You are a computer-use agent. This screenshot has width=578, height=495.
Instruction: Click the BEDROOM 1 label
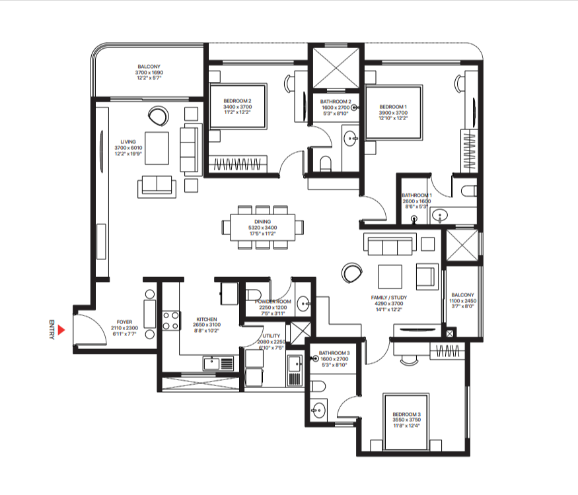click(393, 106)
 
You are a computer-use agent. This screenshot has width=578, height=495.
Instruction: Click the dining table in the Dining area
click(263, 227)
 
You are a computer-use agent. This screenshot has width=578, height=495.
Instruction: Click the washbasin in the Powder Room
click(304, 304)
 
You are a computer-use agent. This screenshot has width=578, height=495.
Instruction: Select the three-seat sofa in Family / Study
click(390, 246)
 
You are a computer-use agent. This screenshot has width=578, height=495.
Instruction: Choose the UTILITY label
click(271, 336)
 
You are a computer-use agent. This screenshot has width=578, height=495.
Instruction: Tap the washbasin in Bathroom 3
click(319, 409)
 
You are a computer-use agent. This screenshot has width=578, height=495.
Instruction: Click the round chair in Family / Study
click(351, 273)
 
